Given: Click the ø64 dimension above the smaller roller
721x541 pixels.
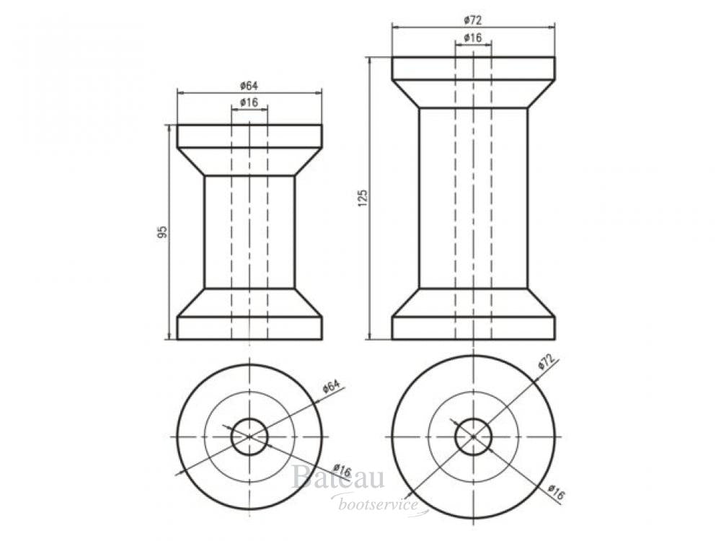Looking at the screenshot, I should pyautogui.click(x=249, y=86).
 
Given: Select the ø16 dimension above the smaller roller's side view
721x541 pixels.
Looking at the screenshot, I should pyautogui.click(x=249, y=102).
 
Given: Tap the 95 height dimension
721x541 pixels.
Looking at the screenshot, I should pyautogui.click(x=163, y=232).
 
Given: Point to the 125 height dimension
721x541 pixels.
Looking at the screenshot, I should pyautogui.click(x=363, y=198).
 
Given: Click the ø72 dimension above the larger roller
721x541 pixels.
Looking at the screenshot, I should pyautogui.click(x=473, y=19).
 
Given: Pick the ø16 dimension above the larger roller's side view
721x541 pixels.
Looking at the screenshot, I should pyautogui.click(x=473, y=37).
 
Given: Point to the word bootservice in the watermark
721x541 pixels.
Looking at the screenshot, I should pyautogui.click(x=379, y=505).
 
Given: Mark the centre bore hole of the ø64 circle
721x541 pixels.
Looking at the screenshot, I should pyautogui.click(x=249, y=436).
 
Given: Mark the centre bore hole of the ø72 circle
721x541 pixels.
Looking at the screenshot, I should pyautogui.click(x=473, y=436).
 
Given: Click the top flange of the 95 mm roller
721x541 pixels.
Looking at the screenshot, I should pyautogui.click(x=249, y=136).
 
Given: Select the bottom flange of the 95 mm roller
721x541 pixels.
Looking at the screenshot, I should pyautogui.click(x=249, y=327).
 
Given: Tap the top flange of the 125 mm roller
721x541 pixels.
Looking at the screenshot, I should pyautogui.click(x=473, y=69).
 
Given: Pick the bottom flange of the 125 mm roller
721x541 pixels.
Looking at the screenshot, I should pyautogui.click(x=473, y=327).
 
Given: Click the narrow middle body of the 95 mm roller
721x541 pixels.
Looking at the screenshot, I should pyautogui.click(x=249, y=232).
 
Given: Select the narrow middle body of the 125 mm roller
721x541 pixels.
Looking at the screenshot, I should pyautogui.click(x=473, y=198).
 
